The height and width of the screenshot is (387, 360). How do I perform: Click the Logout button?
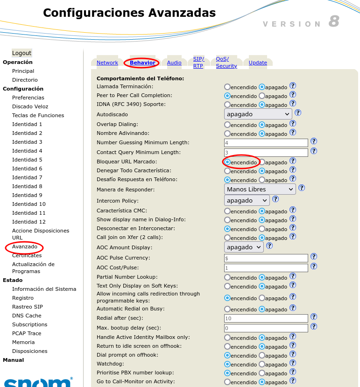[x=22, y=53]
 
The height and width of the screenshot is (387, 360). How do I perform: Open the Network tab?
[x=107, y=63]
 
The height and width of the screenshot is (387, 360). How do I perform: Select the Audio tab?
[x=174, y=63]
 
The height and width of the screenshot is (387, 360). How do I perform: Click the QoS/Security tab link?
[x=226, y=63]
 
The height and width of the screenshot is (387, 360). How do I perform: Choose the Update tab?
[x=258, y=63]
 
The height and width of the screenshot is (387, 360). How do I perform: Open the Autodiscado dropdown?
[x=258, y=114]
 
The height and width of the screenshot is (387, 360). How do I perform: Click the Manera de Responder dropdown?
[x=260, y=189]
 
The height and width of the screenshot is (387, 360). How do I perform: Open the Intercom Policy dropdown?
[x=247, y=200]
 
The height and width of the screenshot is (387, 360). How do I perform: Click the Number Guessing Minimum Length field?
[x=266, y=143]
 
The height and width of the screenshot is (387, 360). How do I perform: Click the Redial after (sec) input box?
[x=266, y=318]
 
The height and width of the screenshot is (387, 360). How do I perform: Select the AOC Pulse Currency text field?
[x=266, y=258]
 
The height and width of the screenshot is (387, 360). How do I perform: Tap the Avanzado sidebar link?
[x=25, y=246]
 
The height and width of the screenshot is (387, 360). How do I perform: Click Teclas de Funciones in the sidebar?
[x=38, y=115]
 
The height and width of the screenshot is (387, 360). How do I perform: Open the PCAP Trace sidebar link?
[x=27, y=333]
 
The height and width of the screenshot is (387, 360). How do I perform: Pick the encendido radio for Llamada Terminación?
[x=227, y=87]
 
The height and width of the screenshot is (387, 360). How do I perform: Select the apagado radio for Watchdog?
[x=262, y=364]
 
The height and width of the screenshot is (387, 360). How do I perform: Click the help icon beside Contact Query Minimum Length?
[x=314, y=151]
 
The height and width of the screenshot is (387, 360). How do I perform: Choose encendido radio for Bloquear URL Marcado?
[x=227, y=162]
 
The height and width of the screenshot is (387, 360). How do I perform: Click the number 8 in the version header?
[x=333, y=21]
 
